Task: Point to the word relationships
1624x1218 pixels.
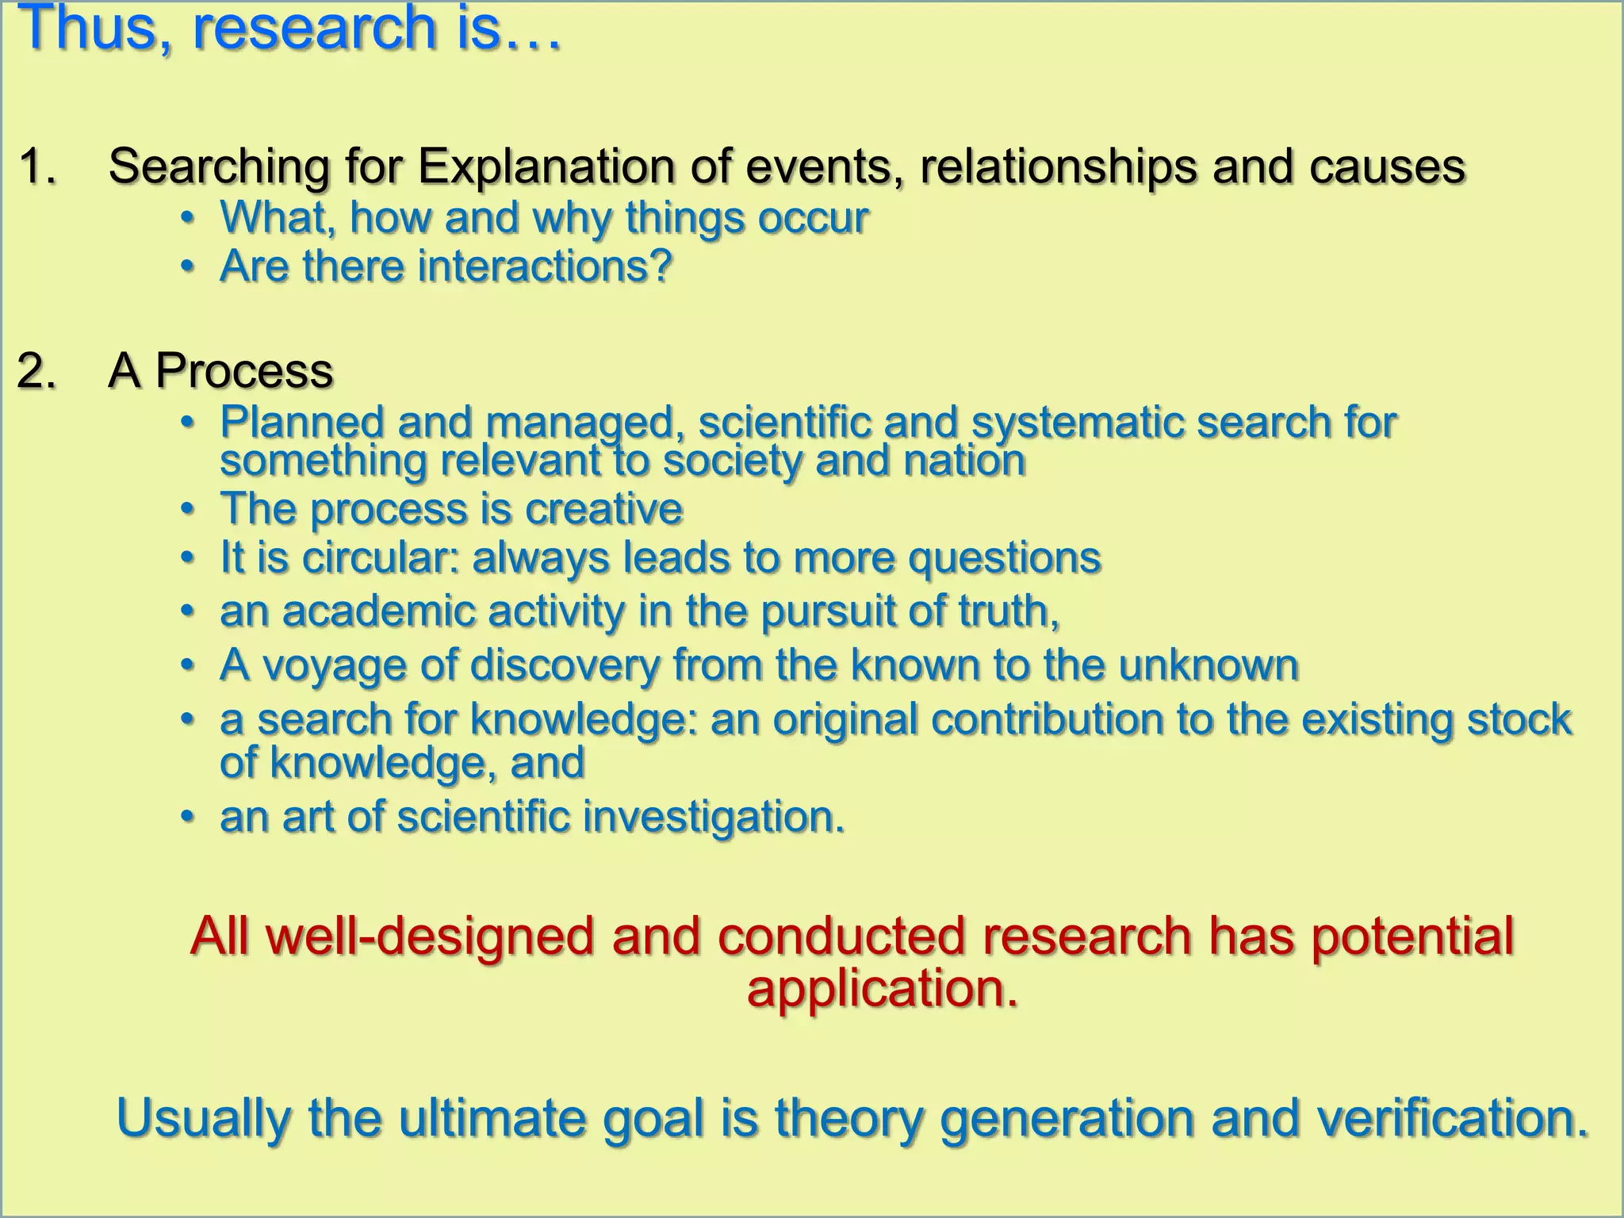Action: [x=1059, y=167]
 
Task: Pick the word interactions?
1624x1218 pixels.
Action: [x=545, y=266]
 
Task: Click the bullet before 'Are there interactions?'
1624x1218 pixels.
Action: [x=187, y=267]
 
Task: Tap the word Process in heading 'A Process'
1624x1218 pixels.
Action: [x=244, y=371]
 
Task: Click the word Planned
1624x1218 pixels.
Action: [x=302, y=422]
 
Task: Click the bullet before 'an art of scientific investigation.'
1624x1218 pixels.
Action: [x=187, y=817]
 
